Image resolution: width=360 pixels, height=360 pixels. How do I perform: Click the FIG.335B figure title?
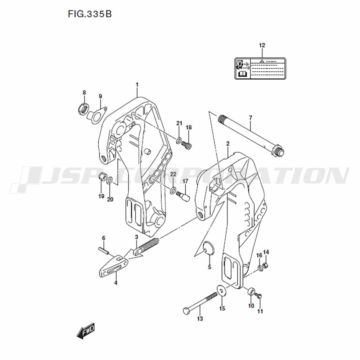(x=90, y=14)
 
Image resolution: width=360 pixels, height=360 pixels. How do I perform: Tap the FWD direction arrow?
(x=86, y=330)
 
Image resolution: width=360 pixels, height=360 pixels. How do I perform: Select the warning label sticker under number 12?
(x=260, y=69)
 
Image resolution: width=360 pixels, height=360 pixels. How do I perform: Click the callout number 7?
(x=251, y=118)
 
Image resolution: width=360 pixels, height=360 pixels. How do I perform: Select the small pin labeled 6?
(x=103, y=250)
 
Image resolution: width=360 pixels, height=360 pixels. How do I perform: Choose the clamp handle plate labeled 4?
(x=113, y=266)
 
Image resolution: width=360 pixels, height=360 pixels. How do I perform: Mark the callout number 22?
(x=173, y=174)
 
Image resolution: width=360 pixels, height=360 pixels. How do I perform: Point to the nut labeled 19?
(x=102, y=177)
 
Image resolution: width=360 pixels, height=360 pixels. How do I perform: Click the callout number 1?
(x=137, y=85)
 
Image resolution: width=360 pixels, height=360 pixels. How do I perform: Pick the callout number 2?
(x=228, y=144)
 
